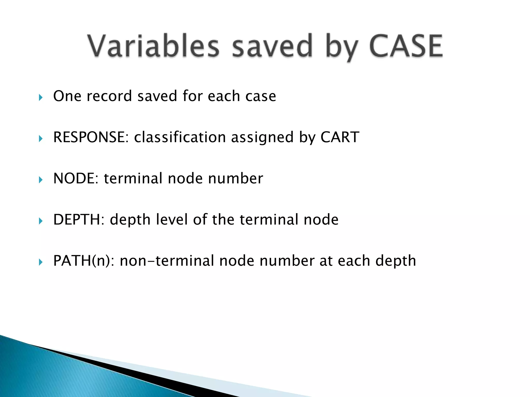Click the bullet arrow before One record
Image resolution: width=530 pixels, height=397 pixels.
coord(41,98)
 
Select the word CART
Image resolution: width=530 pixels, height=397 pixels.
coord(340,137)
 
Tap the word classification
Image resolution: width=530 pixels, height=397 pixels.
coord(180,137)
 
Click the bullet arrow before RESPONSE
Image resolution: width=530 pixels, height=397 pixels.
coord(41,139)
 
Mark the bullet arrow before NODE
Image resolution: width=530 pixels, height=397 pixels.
coord(41,180)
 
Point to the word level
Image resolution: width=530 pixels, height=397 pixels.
coord(172,219)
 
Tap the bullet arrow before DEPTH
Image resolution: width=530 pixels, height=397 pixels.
coord(41,221)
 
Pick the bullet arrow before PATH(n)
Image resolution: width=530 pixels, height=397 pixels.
coord(41,262)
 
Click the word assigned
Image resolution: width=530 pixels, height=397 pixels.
coord(262,137)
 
